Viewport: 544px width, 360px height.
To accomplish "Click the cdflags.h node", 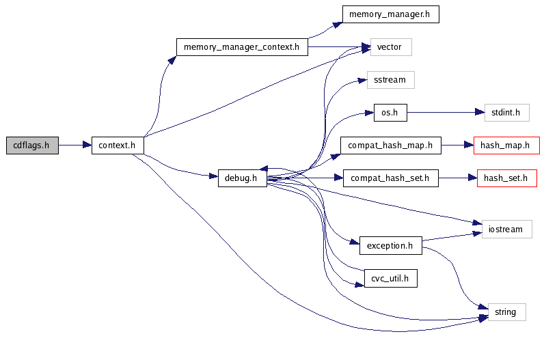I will [32, 145].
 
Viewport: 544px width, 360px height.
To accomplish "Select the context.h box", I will [118, 145].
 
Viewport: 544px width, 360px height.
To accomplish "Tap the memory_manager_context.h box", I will [242, 47].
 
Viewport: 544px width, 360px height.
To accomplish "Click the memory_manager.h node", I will [390, 14].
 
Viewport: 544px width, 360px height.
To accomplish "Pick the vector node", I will [391, 47].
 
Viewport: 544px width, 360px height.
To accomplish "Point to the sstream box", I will [391, 80].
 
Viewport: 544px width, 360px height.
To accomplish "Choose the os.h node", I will [390, 113].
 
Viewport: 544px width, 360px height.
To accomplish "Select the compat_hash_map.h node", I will [390, 146].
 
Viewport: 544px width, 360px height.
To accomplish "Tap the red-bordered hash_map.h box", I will [506, 146].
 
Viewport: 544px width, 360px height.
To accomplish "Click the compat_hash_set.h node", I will [390, 178].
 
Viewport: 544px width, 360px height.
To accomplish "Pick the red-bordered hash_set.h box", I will [506, 178].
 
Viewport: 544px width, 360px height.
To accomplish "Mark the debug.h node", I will [242, 178].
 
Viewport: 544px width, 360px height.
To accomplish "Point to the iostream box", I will [506, 229].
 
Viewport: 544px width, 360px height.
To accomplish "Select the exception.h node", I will [390, 245].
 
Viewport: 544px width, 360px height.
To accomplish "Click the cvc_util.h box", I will [390, 278].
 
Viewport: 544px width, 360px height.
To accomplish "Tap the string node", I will [506, 312].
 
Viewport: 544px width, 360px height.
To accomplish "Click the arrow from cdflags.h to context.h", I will [75, 145].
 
